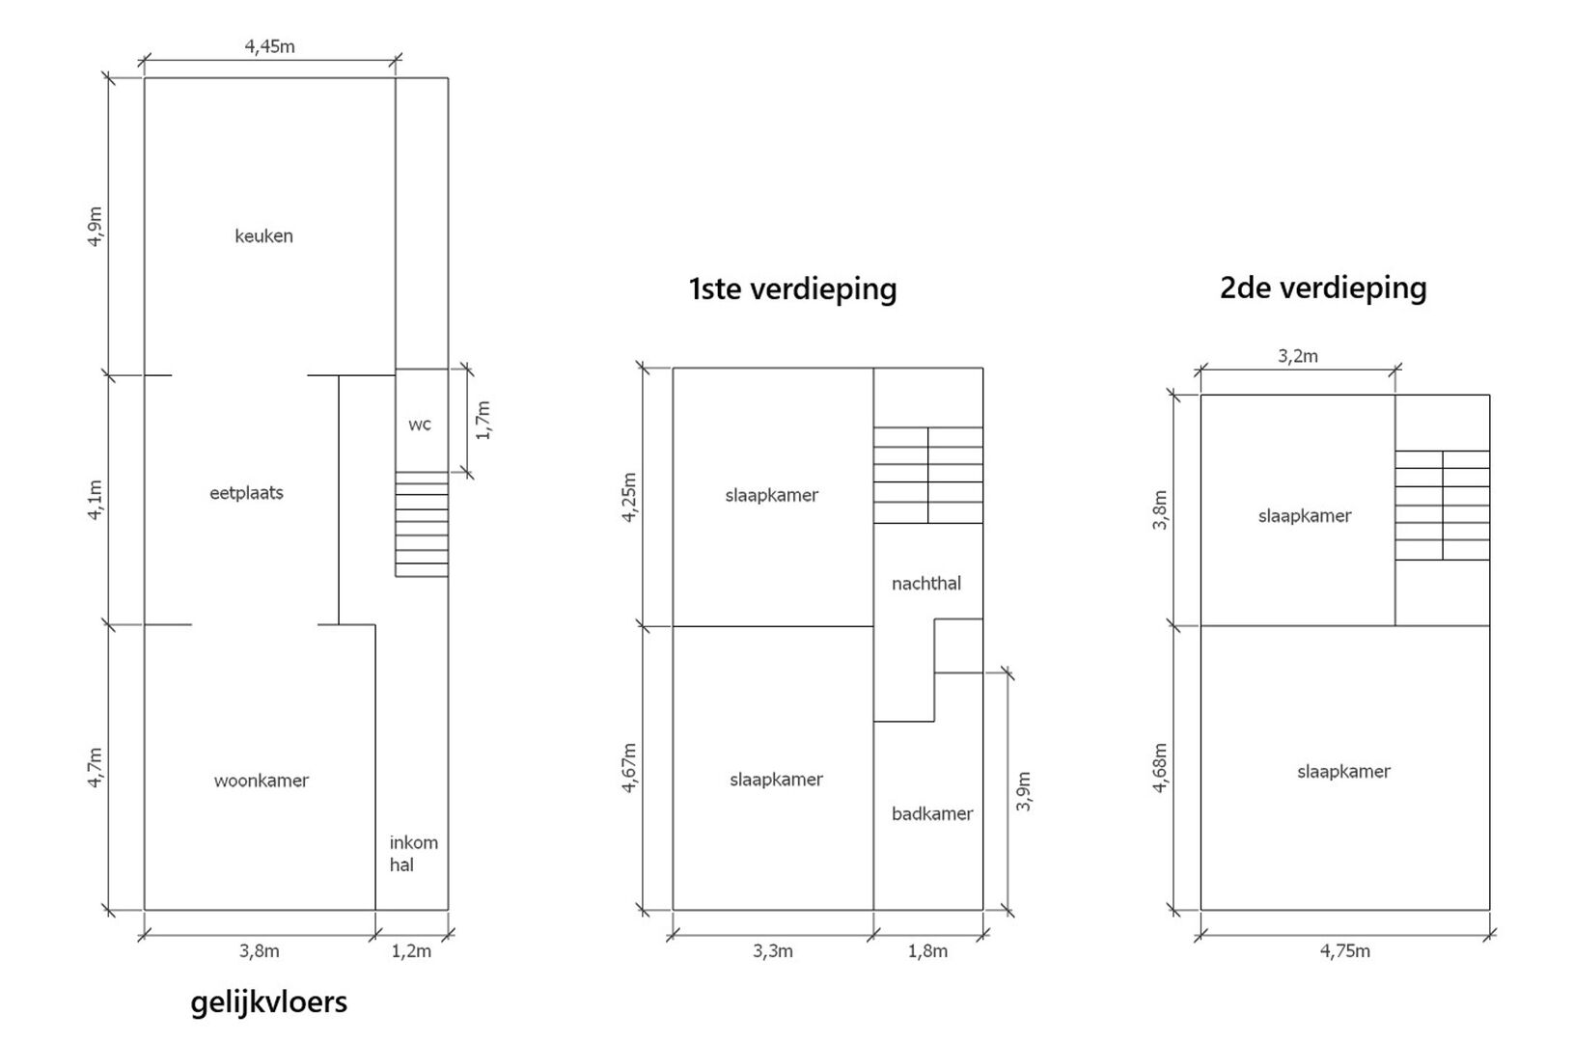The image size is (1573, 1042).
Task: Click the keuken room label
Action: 264,236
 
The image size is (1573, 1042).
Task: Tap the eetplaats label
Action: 246,493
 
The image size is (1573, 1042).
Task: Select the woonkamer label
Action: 262,781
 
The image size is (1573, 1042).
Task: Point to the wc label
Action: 420,425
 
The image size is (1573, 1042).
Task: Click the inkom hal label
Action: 414,853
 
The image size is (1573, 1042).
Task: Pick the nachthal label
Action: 926,584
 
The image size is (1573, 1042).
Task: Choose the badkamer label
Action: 932,813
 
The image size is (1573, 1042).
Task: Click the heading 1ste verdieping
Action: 792,288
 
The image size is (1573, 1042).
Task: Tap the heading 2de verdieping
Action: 1323,288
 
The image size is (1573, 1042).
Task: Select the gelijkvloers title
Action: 269,1002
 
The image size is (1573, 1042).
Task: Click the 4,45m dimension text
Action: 269,47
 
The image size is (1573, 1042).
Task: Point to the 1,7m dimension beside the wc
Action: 483,421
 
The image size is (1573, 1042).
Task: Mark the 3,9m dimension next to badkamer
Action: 1024,791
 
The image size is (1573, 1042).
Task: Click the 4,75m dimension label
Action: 1345,950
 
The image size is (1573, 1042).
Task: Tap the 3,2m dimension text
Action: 1298,356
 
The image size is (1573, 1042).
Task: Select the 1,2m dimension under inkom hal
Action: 411,950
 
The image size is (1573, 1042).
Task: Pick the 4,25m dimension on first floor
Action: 629,497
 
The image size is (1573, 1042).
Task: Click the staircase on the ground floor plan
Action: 422,524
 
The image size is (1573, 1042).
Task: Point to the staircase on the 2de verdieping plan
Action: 1443,505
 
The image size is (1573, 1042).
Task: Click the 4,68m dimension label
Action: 1160,767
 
